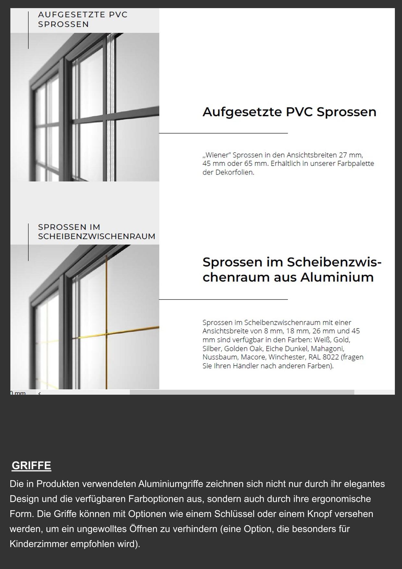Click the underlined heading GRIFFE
[31, 465]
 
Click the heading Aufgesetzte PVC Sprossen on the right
[289, 112]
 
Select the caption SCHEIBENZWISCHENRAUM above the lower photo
[97, 236]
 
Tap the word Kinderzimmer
[39, 544]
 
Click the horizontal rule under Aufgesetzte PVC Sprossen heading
[223, 133]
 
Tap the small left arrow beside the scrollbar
[39, 393]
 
